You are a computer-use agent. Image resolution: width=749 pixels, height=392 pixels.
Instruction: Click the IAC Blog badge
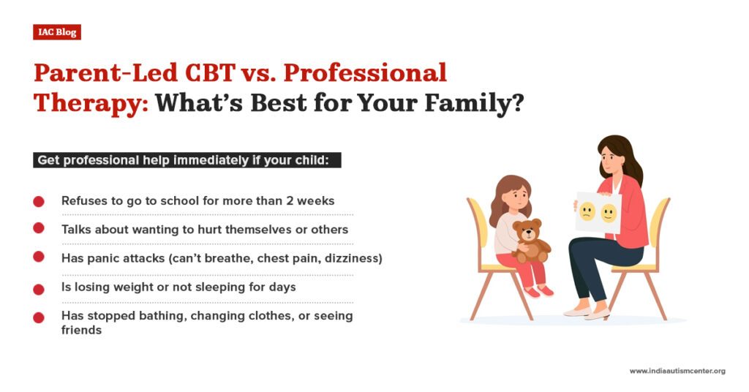point(56,32)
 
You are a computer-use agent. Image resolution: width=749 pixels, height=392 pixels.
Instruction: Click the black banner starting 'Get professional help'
point(187,160)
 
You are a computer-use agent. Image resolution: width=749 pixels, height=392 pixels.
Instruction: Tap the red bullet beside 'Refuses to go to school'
point(39,201)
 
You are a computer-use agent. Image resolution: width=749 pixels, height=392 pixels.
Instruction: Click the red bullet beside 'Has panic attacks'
point(39,258)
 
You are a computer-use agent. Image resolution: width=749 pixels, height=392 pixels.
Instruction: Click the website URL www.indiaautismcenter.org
point(677,371)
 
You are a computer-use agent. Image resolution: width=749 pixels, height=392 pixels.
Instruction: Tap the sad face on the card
point(587,213)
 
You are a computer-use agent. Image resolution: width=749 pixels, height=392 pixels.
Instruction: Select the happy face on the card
point(609,213)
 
